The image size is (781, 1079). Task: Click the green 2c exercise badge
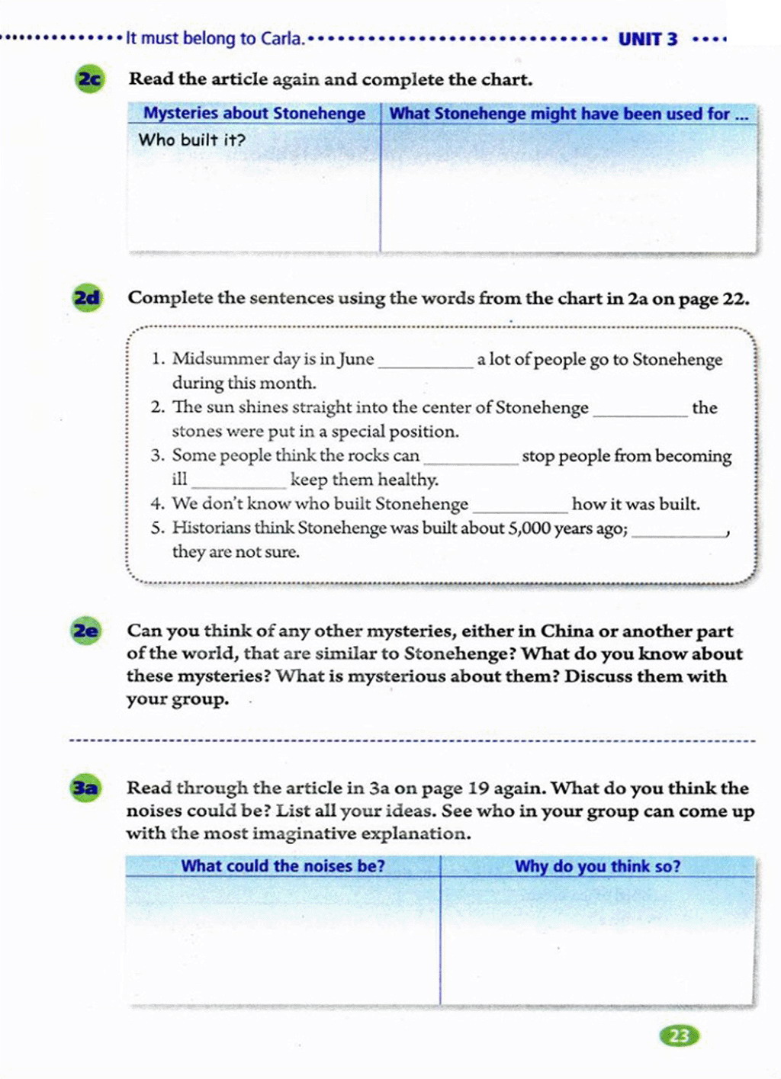(x=89, y=79)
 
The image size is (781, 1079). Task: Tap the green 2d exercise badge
(x=87, y=297)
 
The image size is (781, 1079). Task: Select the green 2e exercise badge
(x=85, y=631)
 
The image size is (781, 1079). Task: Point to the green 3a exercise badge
(x=85, y=788)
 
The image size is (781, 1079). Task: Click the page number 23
(x=679, y=1036)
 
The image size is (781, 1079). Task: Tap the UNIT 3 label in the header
(x=648, y=39)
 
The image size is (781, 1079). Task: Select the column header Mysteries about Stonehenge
(x=254, y=114)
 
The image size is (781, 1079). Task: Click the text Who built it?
(x=191, y=140)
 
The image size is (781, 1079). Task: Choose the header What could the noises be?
(x=282, y=866)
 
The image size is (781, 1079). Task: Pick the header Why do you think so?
(x=597, y=866)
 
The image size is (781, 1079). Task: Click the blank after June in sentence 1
(x=426, y=362)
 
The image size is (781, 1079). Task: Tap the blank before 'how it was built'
(x=519, y=507)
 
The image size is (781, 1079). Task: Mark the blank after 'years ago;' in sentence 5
(x=679, y=531)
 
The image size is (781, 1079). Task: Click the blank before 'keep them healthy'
(x=238, y=483)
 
